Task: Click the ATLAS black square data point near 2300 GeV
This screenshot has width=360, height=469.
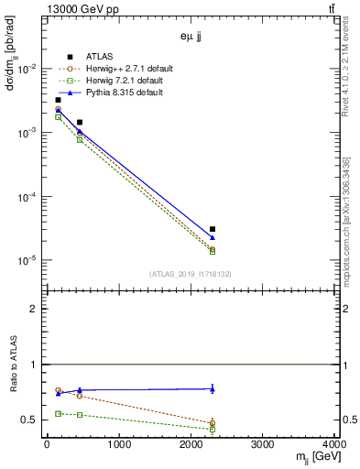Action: (213, 229)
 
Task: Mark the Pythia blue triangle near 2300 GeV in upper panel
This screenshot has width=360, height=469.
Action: (213, 237)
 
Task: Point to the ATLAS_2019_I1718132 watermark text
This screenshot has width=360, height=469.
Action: (191, 273)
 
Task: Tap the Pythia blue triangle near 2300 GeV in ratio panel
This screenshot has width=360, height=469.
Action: (213, 388)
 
